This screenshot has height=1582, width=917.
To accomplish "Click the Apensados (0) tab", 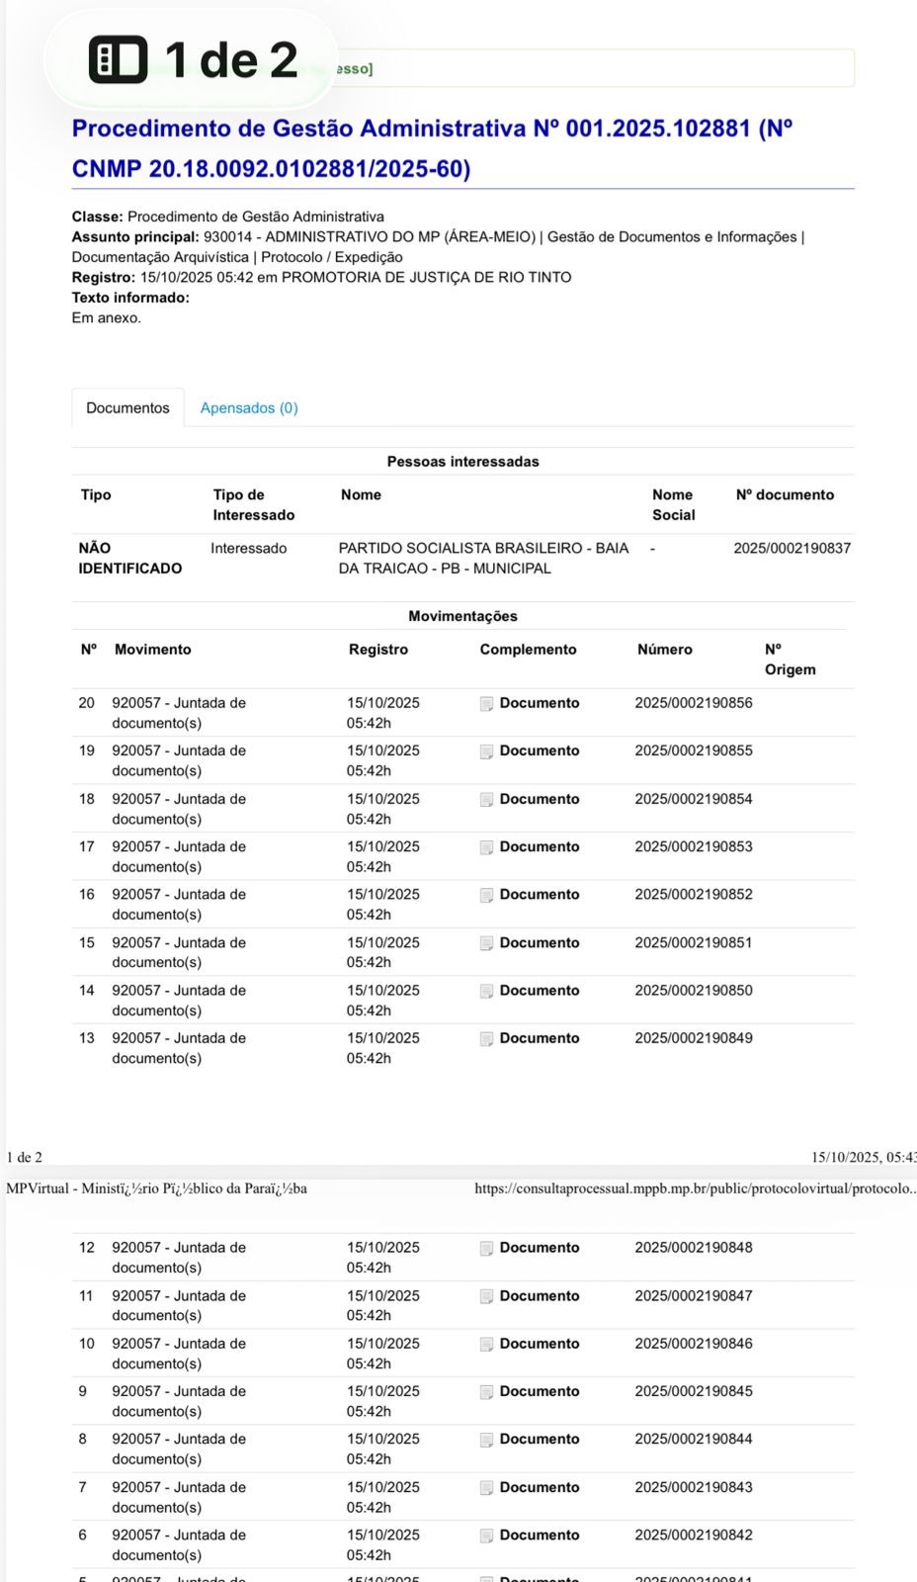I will point(249,408).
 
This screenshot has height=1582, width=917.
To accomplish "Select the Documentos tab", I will point(127,408).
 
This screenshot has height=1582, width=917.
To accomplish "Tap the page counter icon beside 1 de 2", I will point(119,60).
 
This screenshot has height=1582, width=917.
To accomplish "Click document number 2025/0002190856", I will point(694,703).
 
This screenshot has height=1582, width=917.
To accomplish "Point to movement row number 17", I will point(87,847).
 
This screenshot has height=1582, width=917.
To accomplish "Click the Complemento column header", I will point(528,650).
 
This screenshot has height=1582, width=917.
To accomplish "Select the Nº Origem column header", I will point(790,659).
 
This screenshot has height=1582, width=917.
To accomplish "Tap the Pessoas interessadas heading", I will point(462,462).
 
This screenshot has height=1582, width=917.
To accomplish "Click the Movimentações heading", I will point(462,616).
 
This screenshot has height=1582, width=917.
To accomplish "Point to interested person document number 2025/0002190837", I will point(792,548).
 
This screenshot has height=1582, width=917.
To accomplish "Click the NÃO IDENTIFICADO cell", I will point(129,558).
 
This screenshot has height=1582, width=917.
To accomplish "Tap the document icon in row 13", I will point(486,1039).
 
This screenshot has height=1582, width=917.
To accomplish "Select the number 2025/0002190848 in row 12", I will point(694,1248).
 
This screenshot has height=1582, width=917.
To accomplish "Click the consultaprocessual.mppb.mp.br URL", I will point(695,1188).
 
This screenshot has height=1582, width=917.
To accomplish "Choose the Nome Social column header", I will point(673,504).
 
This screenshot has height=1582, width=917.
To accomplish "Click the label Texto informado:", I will point(130,298).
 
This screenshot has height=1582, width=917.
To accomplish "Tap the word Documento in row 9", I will point(540,1391).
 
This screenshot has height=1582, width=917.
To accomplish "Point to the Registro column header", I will point(377,650).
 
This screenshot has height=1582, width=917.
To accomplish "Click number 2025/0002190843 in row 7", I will point(694,1487).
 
